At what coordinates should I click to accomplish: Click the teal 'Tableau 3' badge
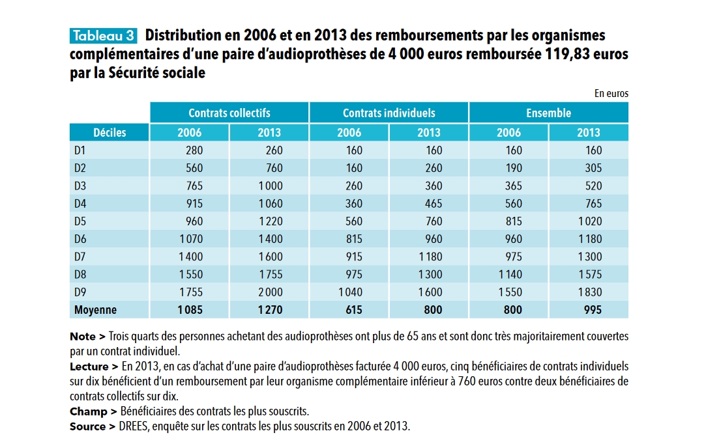click(x=103, y=36)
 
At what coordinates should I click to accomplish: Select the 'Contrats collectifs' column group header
click(x=229, y=113)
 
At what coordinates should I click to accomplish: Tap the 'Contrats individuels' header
click(x=389, y=113)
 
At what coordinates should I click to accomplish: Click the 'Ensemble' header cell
click(x=548, y=113)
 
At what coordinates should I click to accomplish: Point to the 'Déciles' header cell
click(x=110, y=133)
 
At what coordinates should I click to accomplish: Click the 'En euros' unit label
click(x=611, y=94)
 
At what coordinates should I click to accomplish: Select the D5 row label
click(x=80, y=221)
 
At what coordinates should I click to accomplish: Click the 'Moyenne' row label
click(x=95, y=310)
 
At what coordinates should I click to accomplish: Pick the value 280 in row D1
click(x=194, y=150)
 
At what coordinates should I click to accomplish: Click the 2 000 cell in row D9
click(x=270, y=292)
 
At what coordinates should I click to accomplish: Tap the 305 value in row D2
click(x=593, y=168)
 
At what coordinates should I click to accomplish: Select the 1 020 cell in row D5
click(x=590, y=221)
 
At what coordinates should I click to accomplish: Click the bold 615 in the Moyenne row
click(x=354, y=310)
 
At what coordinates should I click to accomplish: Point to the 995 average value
click(x=593, y=310)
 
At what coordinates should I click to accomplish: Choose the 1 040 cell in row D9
click(x=350, y=292)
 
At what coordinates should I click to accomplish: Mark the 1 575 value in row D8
click(x=590, y=274)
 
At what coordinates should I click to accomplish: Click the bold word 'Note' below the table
click(x=83, y=337)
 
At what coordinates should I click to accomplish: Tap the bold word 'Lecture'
click(x=89, y=367)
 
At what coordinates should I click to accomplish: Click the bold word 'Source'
click(x=87, y=426)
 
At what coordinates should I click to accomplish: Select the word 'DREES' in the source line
click(x=133, y=426)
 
